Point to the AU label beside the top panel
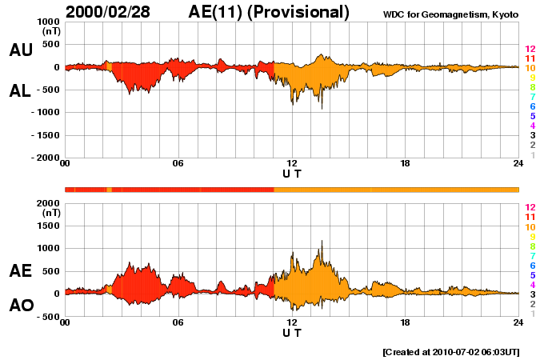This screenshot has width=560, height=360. pos(21,50)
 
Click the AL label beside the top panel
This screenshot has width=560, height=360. pos(21,91)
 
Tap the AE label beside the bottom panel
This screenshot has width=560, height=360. pos(21,271)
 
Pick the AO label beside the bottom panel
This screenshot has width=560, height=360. pos(21,306)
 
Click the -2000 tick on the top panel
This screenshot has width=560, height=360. pos(45,158)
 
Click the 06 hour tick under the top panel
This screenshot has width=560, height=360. pos(178,164)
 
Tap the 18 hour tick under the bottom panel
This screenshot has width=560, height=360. pos(405,322)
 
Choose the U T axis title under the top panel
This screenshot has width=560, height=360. pos(292,174)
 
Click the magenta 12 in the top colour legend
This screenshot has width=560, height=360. pos(530,50)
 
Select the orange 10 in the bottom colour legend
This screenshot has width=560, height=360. pos(530,227)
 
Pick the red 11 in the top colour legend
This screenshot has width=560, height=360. pos(530,59)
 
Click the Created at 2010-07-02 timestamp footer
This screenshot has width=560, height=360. pos(451,351)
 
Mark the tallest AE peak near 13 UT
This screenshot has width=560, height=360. pos(322,241)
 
